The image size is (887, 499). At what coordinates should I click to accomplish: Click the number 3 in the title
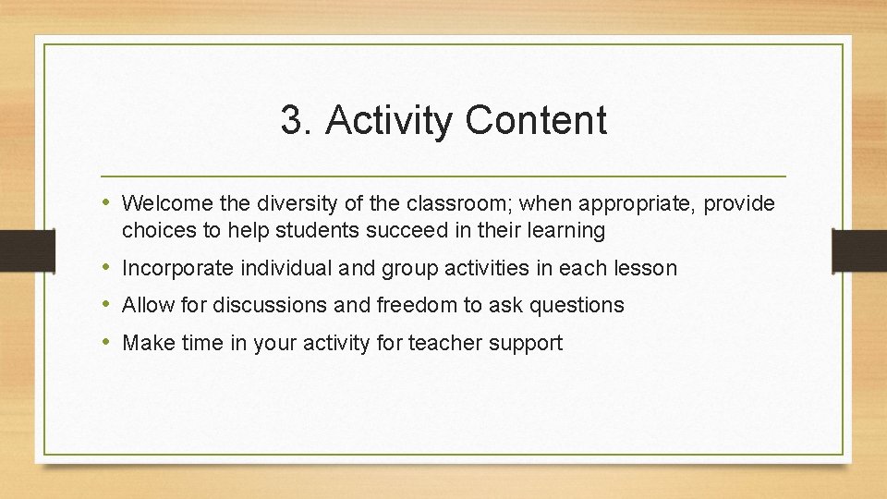[292, 121]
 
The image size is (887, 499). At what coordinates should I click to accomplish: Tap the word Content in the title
[536, 121]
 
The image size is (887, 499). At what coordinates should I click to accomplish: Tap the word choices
[153, 229]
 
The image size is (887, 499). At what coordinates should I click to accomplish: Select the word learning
[565, 229]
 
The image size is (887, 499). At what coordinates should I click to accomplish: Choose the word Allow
[145, 305]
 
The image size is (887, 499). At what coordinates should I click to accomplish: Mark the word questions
[579, 305]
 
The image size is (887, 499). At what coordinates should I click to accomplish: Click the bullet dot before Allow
[106, 304]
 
